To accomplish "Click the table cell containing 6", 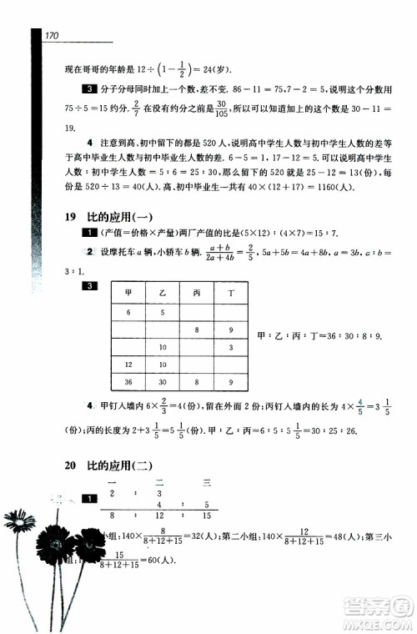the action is [x=128, y=311].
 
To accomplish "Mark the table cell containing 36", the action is [x=128, y=382].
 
